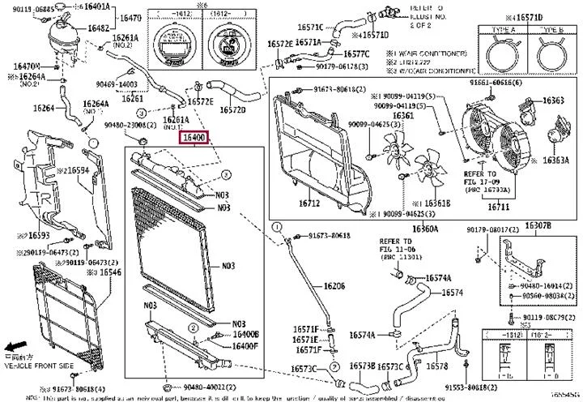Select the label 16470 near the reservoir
(130, 17)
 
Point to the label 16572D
(232, 109)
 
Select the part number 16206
(334, 285)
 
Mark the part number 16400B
(245, 334)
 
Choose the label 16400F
(245, 346)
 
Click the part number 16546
(110, 273)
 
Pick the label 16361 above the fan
(404, 115)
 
